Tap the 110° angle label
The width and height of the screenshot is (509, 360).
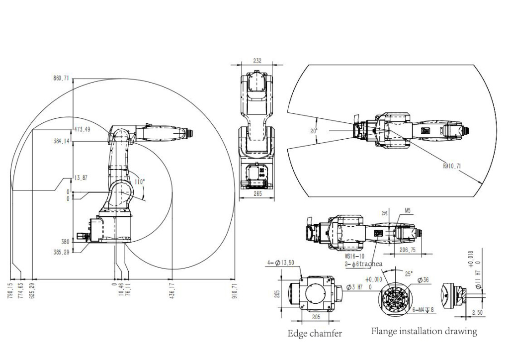(140, 182)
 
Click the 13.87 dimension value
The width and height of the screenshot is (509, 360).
(80, 178)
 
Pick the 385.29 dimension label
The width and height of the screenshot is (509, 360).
(61, 252)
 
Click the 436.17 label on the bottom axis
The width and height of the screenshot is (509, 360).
(172, 290)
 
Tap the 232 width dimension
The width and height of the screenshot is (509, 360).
(257, 61)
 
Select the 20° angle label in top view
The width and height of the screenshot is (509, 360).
(314, 131)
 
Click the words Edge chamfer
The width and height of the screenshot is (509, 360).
(315, 333)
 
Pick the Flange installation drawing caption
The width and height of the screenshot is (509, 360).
(424, 331)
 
